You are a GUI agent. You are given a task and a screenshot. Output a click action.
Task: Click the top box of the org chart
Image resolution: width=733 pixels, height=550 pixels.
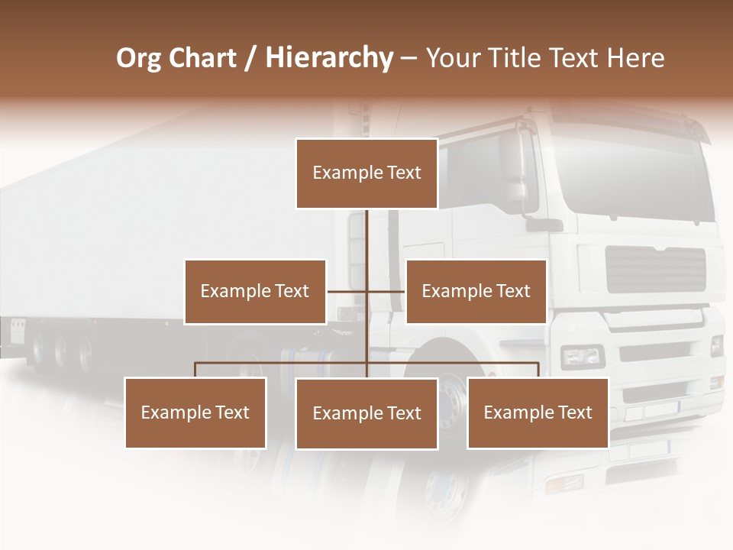click(366, 173)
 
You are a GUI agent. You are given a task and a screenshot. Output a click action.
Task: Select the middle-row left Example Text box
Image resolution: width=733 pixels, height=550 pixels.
click(255, 291)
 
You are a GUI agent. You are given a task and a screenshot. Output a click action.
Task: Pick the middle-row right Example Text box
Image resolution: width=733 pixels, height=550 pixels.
click(476, 291)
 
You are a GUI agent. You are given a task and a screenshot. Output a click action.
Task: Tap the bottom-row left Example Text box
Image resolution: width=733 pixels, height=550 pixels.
click(195, 412)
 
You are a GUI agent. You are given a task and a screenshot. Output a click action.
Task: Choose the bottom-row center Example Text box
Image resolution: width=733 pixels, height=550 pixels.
click(366, 413)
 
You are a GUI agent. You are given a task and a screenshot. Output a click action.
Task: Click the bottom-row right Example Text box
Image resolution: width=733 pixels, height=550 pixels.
click(538, 412)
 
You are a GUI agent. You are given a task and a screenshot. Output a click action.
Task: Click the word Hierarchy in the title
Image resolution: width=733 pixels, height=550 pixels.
click(328, 58)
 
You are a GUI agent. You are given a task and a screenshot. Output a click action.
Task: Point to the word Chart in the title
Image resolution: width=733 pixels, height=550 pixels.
click(202, 58)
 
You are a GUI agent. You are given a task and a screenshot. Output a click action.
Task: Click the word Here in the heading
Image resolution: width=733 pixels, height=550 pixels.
click(636, 58)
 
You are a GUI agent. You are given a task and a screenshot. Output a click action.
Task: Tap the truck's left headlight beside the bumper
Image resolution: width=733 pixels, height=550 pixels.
click(583, 356)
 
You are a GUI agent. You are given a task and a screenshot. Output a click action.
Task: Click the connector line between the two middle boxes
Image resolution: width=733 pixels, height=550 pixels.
click(366, 291)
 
